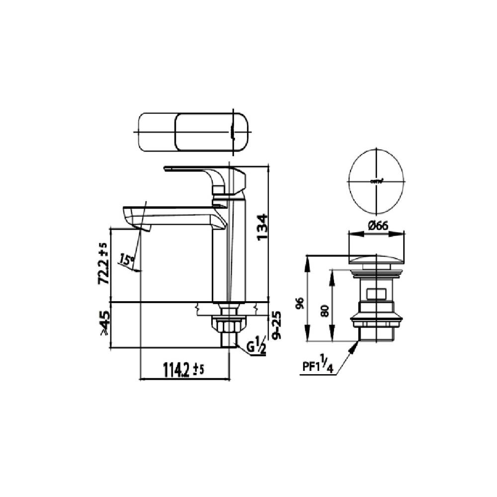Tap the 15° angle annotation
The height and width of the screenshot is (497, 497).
tap(126, 259)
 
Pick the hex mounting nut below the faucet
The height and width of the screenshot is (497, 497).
tap(228, 326)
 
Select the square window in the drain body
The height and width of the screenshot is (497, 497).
tap(376, 295)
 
